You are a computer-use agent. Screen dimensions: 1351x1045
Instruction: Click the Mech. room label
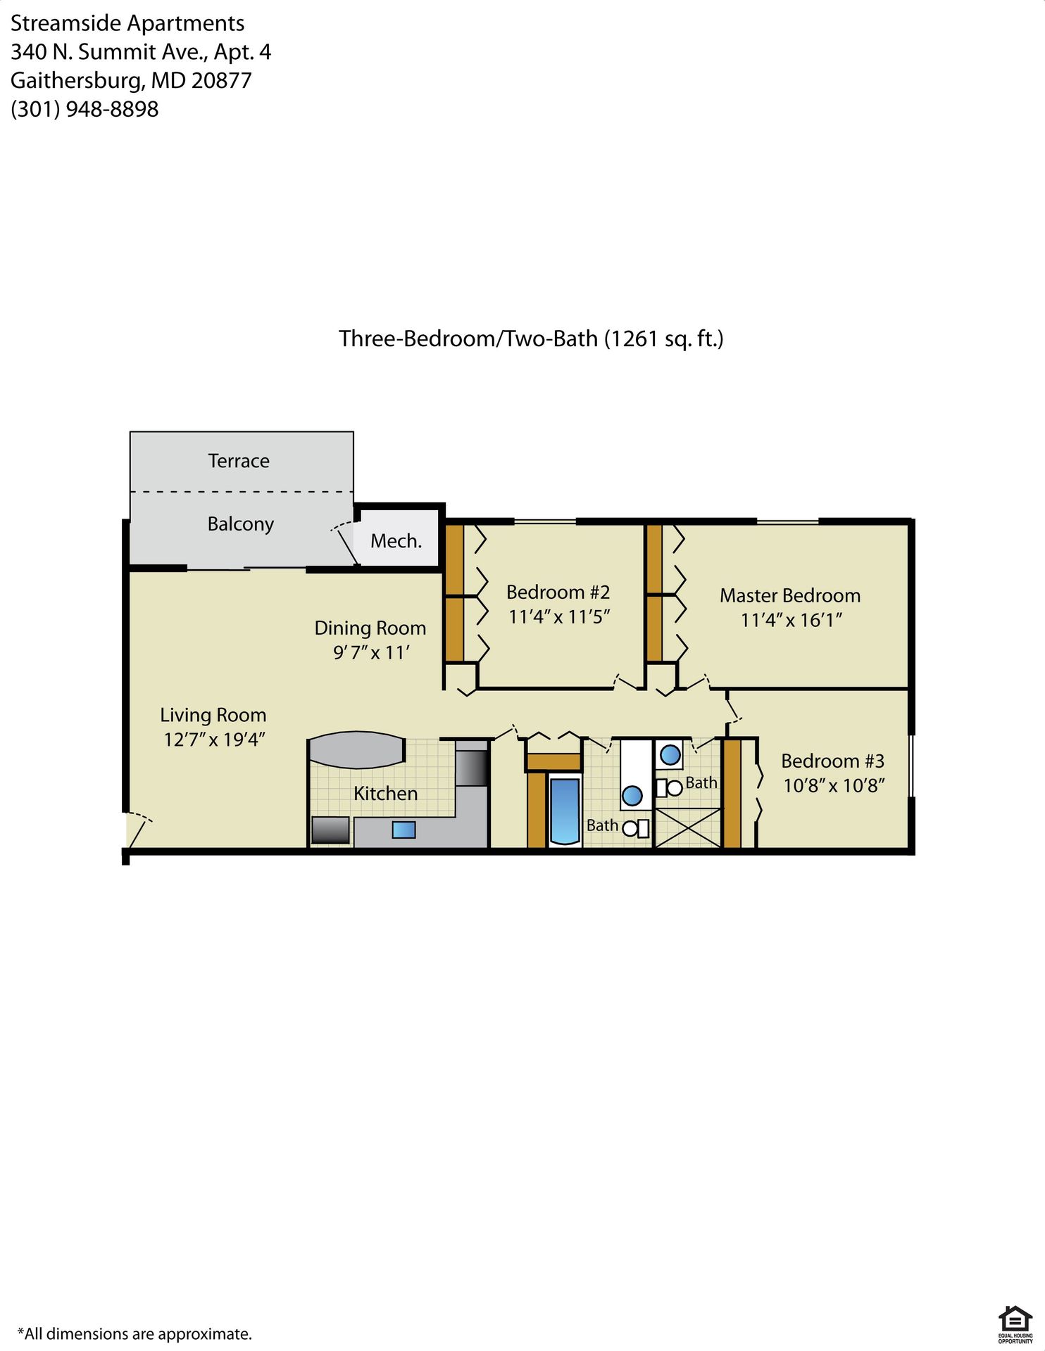pyautogui.click(x=396, y=541)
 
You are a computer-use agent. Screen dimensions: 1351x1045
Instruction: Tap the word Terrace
pyautogui.click(x=239, y=461)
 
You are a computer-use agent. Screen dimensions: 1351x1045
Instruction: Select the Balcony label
pyautogui.click(x=240, y=524)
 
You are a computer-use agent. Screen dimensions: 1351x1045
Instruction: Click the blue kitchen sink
pyautogui.click(x=403, y=830)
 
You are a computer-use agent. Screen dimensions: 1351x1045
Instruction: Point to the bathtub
pyautogui.click(x=563, y=810)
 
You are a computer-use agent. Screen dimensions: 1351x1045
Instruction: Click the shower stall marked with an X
pyautogui.click(x=688, y=827)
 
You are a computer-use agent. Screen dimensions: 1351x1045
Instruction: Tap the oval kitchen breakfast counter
pyautogui.click(x=356, y=750)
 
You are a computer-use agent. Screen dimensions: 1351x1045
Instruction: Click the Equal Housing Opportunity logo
pyautogui.click(x=1015, y=1324)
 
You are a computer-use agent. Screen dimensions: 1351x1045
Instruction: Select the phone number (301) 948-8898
pyautogui.click(x=85, y=110)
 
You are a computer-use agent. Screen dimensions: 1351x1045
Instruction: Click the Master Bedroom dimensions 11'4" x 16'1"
pyautogui.click(x=791, y=620)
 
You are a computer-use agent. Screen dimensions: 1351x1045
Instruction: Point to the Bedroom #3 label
pyautogui.click(x=832, y=761)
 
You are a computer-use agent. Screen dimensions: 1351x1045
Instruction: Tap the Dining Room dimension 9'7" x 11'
pyautogui.click(x=371, y=653)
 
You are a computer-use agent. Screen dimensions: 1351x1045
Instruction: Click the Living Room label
pyautogui.click(x=213, y=716)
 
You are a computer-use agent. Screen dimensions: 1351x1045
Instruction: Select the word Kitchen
pyautogui.click(x=385, y=794)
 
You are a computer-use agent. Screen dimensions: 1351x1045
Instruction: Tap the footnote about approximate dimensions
pyautogui.click(x=134, y=1333)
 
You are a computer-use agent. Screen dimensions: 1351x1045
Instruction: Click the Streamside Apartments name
pyautogui.click(x=127, y=23)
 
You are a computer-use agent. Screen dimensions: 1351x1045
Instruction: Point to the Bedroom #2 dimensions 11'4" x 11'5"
pyautogui.click(x=559, y=617)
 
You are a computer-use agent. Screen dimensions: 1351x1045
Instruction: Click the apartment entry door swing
pyautogui.click(x=138, y=830)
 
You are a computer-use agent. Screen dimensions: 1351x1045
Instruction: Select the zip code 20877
pyautogui.click(x=221, y=81)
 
